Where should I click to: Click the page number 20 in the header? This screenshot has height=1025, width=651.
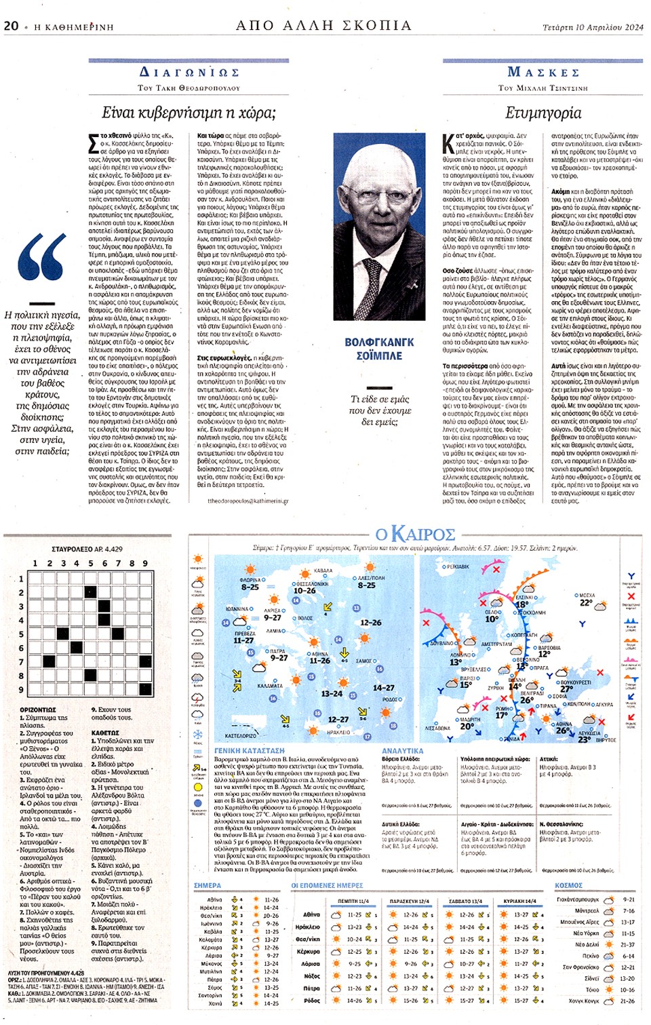[11, 26]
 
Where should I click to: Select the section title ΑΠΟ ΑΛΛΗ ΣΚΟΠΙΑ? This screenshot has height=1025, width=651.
[323, 26]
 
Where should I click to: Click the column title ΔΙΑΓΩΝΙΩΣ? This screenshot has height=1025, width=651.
[189, 73]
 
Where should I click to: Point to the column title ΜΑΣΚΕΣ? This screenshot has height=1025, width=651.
[543, 73]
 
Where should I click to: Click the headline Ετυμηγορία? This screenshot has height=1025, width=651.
[543, 113]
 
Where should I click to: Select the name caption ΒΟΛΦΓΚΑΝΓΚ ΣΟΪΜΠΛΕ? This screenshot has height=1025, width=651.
[379, 349]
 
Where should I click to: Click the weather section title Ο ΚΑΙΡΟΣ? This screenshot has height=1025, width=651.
[414, 535]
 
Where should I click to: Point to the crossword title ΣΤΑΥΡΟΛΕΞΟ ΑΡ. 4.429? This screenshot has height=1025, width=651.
[87, 549]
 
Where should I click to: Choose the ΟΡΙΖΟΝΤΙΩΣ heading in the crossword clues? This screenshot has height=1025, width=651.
[38, 710]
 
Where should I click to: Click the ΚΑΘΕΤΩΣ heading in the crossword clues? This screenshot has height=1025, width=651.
[105, 733]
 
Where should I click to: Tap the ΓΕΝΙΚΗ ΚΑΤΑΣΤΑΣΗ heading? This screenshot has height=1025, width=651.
[249, 751]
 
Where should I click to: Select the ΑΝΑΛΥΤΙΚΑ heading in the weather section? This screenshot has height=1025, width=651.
[402, 751]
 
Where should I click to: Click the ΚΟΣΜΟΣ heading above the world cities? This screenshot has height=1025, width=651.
[568, 885]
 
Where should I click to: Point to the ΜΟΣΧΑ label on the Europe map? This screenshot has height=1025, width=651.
[587, 595]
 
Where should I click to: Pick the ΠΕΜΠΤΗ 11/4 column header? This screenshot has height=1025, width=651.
[353, 902]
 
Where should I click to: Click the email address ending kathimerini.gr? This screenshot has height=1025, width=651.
[248, 501]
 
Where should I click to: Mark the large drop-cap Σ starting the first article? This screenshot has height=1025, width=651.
[94, 144]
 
